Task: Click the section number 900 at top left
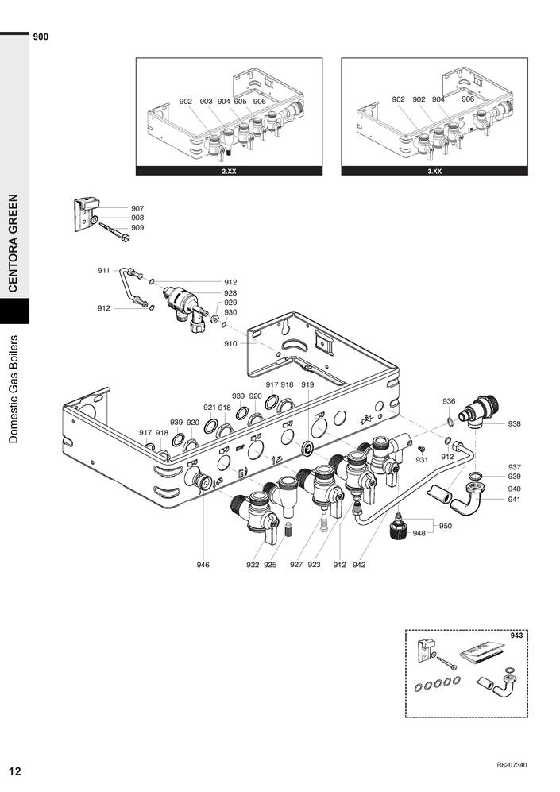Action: point(41,37)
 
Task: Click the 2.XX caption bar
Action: point(229,171)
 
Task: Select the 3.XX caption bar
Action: point(434,171)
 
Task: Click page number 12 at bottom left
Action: point(15,771)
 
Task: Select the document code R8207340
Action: point(512,765)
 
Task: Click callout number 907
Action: point(137,208)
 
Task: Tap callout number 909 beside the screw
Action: point(137,228)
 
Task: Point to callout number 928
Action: point(230,292)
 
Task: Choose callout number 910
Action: point(230,344)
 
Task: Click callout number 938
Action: point(515,423)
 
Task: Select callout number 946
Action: point(203,565)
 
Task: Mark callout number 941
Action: point(515,500)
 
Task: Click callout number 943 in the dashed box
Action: point(517,635)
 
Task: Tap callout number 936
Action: point(449,401)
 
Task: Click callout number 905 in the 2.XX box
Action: point(240,102)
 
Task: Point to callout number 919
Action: point(307,384)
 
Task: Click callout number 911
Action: point(103,271)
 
